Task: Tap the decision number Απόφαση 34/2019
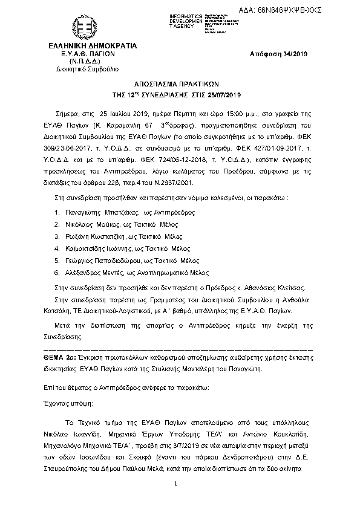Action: (x=279, y=54)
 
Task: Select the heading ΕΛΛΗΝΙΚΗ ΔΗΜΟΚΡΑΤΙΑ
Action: (x=84, y=46)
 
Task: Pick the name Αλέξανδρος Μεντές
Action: (x=92, y=272)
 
